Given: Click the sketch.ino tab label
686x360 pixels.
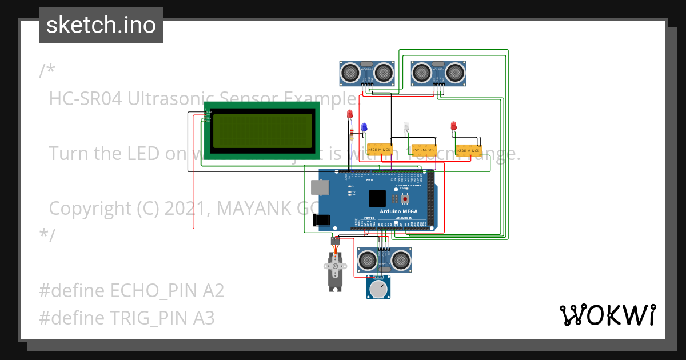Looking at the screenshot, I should tap(101, 25).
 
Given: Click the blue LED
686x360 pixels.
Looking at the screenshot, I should tap(364, 127).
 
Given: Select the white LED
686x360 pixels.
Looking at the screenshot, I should tap(406, 126).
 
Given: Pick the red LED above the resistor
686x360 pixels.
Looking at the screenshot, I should tap(350, 114).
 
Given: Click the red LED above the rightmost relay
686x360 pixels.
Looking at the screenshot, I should tap(454, 126).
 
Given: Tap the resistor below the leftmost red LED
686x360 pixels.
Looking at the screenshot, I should tap(352, 135).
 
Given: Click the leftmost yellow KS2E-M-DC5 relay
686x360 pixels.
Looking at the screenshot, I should tap(378, 150).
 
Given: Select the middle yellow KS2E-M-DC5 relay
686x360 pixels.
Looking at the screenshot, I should tap(424, 150).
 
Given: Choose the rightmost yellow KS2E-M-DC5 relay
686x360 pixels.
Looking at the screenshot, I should tap(468, 151).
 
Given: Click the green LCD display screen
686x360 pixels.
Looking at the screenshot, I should tap(262, 130).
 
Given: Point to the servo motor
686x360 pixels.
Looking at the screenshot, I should tap(335, 271).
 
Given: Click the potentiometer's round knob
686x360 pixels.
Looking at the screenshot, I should tap(377, 289).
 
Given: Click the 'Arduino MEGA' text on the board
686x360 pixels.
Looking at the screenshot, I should tap(398, 211).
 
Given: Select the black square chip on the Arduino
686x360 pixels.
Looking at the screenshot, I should tap(377, 198).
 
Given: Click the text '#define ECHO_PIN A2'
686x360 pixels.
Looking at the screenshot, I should tap(131, 291).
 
